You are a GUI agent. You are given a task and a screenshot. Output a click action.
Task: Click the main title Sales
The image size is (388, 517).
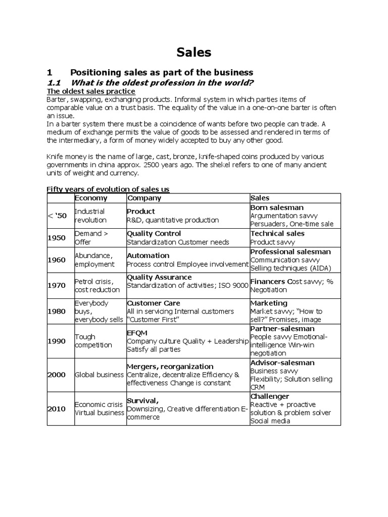coord(194,52)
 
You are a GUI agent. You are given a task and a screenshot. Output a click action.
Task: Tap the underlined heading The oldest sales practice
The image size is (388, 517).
coord(91,91)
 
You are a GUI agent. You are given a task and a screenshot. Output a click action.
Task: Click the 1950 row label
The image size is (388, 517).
coord(57,238)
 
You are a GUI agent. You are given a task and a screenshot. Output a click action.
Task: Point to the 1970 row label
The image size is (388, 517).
coord(57,285)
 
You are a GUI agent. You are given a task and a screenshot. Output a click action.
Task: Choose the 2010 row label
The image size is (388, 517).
coord(57,408)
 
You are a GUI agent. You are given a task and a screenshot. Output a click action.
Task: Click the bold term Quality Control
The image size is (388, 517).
coord(154,234)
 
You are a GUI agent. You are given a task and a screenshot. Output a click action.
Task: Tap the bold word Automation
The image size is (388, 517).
coord(148,256)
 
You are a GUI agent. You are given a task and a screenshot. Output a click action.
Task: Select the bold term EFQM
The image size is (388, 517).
coord(136,333)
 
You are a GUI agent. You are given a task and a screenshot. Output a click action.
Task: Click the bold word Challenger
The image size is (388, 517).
coord(270,396)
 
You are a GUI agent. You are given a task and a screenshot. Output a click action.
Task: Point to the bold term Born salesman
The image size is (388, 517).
coord(277,208)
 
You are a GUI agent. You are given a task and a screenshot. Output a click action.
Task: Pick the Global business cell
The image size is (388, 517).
coord(99,375)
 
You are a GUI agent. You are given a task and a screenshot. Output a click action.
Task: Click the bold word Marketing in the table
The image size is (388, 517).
coord(269,303)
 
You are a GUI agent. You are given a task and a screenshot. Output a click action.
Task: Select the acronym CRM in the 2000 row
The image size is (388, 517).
coord(258,387)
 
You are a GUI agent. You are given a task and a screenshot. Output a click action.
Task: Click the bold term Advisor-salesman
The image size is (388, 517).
coord(282,363)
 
